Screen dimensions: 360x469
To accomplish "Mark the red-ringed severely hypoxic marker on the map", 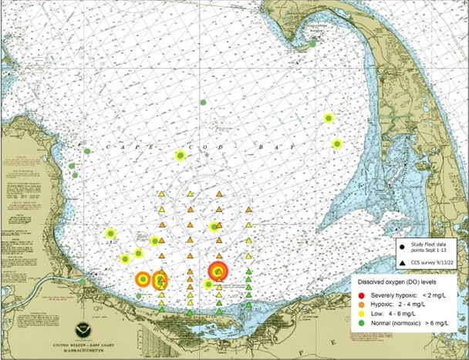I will coord(219,271).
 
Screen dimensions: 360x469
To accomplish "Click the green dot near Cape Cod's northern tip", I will coord(312,44).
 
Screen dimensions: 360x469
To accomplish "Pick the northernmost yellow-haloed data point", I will coord(329,118).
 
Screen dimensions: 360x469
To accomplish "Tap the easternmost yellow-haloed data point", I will coord(337,143).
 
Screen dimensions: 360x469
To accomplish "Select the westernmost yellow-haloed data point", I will coord(110,233).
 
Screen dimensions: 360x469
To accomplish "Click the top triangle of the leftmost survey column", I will coord(162,195).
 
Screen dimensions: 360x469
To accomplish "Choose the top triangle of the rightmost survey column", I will coord(248,209).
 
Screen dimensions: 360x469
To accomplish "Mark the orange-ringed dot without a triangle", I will coord(143,279).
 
